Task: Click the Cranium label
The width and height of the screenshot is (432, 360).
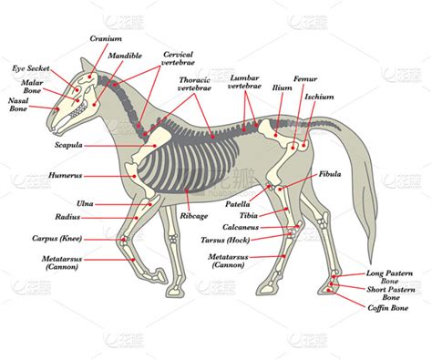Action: [106, 39]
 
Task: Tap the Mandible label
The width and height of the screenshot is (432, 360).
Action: [125, 56]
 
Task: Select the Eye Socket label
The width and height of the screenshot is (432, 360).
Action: [31, 68]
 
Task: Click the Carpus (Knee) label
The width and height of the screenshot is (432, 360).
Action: [57, 240]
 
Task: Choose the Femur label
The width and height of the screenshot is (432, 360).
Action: [304, 79]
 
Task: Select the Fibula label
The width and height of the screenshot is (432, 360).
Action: [331, 173]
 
